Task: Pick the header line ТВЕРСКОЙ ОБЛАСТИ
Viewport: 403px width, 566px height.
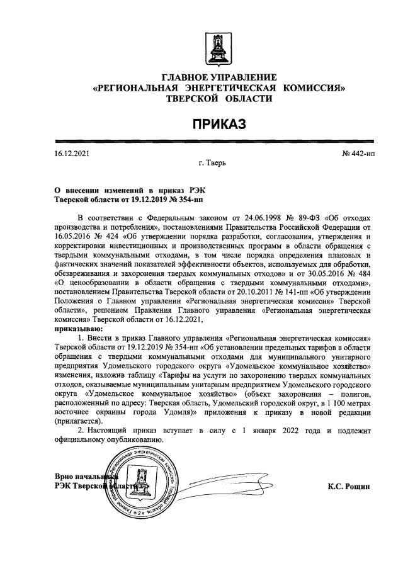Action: tap(219, 99)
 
